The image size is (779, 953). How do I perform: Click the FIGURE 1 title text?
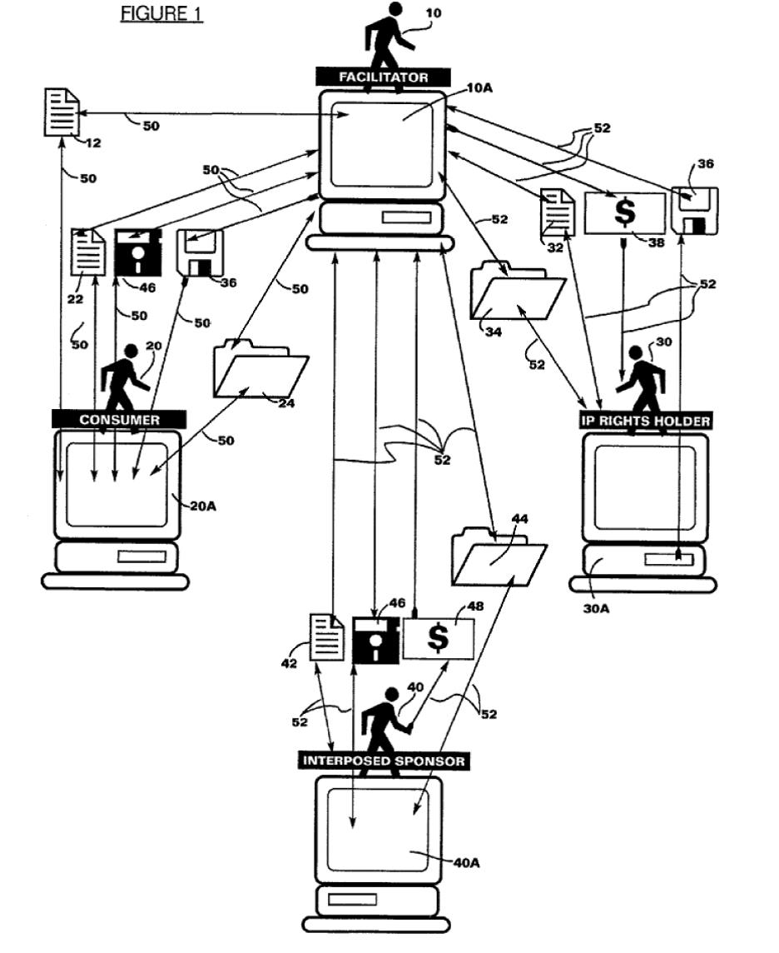(x=161, y=14)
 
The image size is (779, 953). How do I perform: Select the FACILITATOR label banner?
(x=383, y=77)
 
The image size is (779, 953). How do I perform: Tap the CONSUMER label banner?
(x=119, y=419)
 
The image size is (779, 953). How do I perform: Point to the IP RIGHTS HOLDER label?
(x=646, y=422)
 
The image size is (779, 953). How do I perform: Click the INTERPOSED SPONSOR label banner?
(x=384, y=761)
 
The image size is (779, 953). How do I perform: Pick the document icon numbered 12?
(x=61, y=113)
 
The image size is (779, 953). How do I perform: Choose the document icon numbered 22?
(x=88, y=251)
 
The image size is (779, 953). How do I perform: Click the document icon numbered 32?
(x=558, y=212)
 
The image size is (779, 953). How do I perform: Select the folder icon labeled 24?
(x=260, y=370)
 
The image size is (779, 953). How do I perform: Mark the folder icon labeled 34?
(x=516, y=292)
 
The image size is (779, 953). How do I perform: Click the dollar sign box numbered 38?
(x=625, y=212)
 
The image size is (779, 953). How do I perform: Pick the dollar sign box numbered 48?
(x=439, y=639)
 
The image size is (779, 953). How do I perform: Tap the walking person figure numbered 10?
(x=389, y=37)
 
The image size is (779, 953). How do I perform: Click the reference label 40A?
(x=466, y=862)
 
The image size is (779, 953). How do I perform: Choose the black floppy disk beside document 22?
(x=136, y=252)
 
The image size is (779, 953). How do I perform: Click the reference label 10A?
(x=479, y=86)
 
